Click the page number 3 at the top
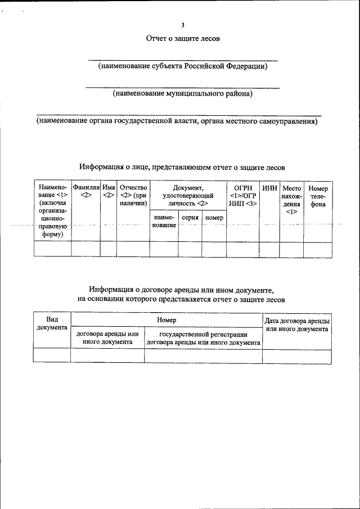click(x=183, y=25)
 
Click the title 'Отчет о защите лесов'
click(x=183, y=39)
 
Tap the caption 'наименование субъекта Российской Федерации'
click(x=183, y=66)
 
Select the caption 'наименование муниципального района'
click(x=183, y=93)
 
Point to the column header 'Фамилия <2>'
click(x=85, y=191)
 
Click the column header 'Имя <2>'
click(x=109, y=191)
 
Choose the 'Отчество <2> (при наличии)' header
click(x=133, y=195)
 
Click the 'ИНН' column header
click(x=269, y=188)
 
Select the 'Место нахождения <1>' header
click(x=291, y=200)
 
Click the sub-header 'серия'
click(x=190, y=217)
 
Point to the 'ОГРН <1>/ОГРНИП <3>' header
click(x=243, y=195)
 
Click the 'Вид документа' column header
click(x=52, y=323)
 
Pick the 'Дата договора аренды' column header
click(x=296, y=324)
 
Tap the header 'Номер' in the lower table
click(x=166, y=320)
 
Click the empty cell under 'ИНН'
click(x=269, y=249)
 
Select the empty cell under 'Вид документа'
click(x=52, y=355)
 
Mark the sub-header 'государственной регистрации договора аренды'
click(x=203, y=338)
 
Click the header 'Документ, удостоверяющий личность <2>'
click(x=188, y=195)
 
